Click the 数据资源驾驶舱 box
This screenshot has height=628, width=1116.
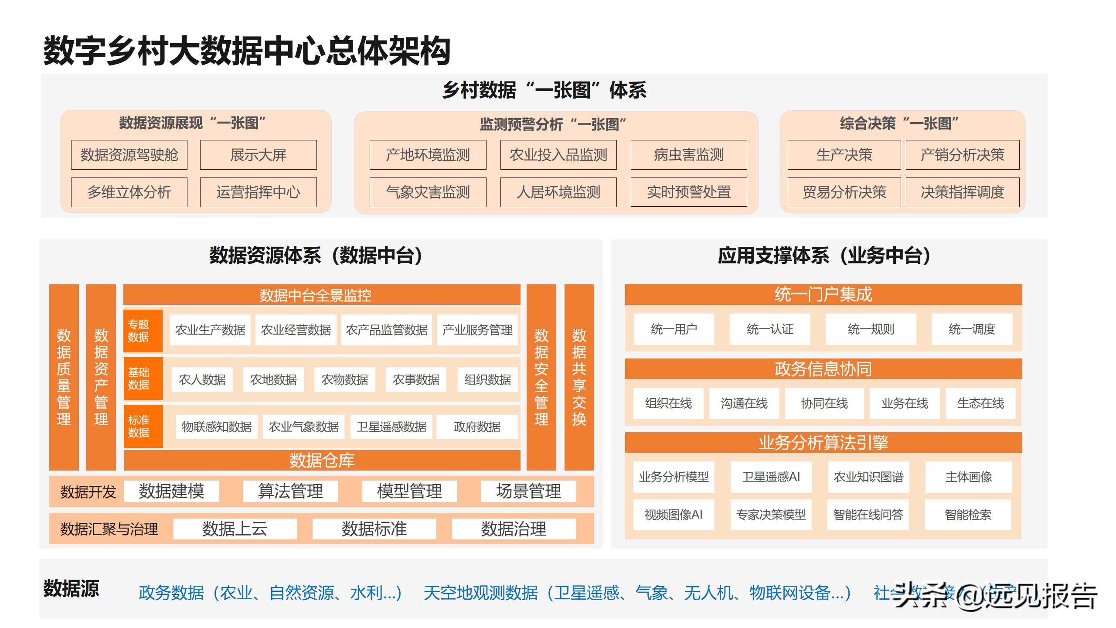[129, 155]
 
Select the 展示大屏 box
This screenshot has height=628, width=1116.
[258, 155]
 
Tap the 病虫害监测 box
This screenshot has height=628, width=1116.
[688, 155]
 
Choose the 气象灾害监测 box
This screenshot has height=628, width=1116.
[428, 192]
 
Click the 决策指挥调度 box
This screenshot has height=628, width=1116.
[962, 192]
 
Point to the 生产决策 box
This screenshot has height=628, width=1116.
[844, 155]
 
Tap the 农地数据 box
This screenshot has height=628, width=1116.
[273, 379]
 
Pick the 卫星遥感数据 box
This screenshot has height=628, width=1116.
[391, 427]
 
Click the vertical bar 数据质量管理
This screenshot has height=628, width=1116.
[64, 377]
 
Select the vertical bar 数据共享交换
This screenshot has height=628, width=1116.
[579, 377]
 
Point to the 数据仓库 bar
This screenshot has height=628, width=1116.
[322, 460]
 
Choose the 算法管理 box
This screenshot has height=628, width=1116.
[290, 491]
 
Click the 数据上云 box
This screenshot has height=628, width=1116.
[235, 529]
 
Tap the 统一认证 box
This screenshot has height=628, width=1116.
[770, 329]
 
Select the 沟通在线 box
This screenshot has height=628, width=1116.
[744, 403]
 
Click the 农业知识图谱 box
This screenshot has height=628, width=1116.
[868, 477]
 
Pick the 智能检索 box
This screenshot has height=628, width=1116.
[968, 515]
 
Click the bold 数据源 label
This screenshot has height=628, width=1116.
[71, 588]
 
